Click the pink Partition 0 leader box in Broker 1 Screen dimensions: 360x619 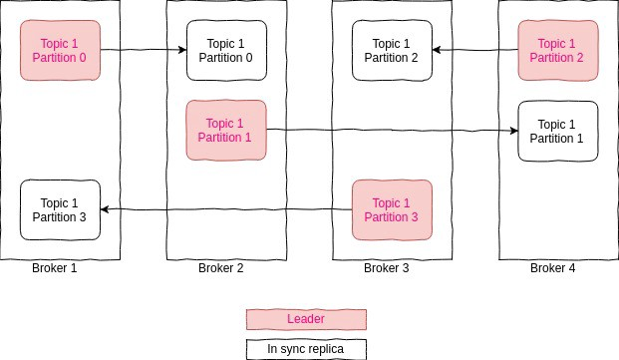click(61, 50)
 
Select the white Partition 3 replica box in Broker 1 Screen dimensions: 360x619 click(61, 209)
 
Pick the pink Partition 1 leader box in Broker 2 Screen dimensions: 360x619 click(226, 130)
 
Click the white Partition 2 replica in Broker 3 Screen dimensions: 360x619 click(392, 50)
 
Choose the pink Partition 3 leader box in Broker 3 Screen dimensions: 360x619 click(392, 209)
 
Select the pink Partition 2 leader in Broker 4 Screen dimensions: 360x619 click(557, 50)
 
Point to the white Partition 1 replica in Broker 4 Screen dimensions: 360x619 click(557, 131)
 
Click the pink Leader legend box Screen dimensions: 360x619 click(306, 319)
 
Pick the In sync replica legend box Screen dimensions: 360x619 click(306, 348)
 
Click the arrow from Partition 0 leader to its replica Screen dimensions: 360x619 click(144, 50)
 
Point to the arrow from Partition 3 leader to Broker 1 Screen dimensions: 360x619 click(226, 209)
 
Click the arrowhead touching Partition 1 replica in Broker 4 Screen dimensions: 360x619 click(512, 130)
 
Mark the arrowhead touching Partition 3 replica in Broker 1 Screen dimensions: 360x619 click(107, 209)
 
